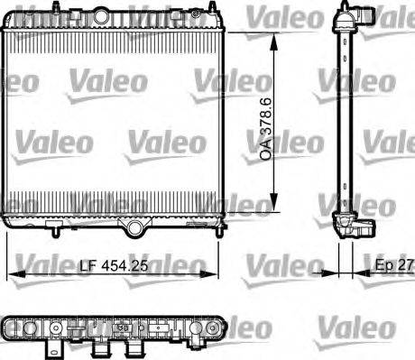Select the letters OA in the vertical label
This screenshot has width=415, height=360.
pos(265,152)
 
